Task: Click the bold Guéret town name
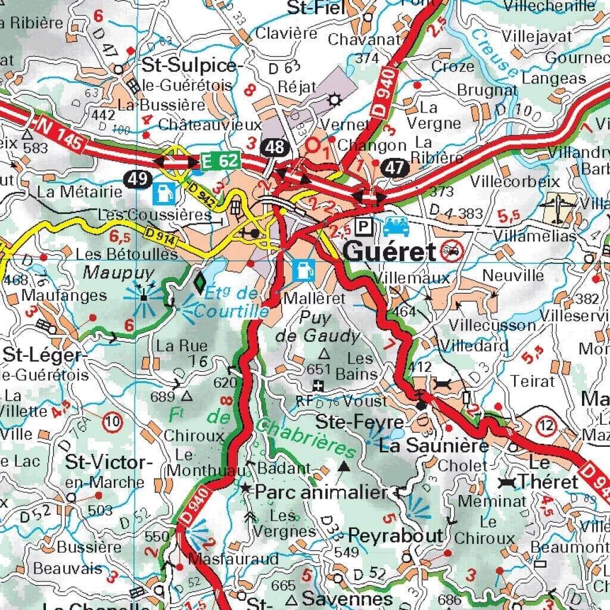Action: [x=390, y=253]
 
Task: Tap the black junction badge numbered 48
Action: [x=275, y=147]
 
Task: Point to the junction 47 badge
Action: [x=394, y=167]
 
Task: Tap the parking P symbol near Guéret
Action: [x=362, y=226]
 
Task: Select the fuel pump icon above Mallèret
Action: [x=303, y=269]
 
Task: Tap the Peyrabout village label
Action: [x=396, y=535]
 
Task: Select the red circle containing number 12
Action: [x=546, y=425]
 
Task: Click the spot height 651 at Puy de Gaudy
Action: [x=318, y=369]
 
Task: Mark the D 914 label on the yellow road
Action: [x=158, y=236]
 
